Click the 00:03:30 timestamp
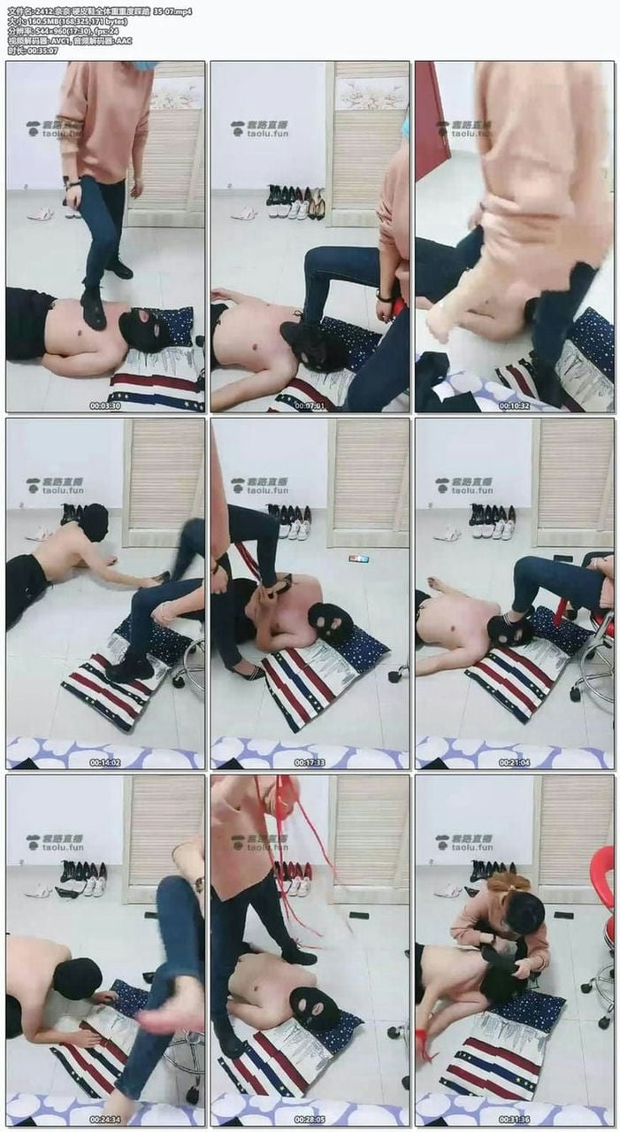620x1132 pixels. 104,406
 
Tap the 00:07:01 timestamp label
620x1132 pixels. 310,406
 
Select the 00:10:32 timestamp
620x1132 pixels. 514,406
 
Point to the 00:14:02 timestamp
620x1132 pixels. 104,762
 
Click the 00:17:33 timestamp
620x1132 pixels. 310,762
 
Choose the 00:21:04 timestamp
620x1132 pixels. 514,762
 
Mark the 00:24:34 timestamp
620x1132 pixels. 104,1120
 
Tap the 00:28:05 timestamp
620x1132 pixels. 310,1120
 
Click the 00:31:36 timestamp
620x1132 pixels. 514,1120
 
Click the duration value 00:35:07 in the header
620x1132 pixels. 43,50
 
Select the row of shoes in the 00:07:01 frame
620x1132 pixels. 295,203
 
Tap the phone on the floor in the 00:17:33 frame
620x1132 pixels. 359,559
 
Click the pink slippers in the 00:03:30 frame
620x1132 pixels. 41,213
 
